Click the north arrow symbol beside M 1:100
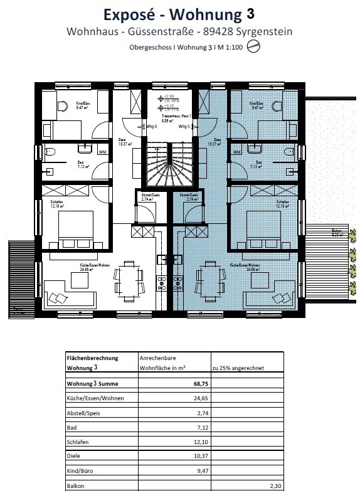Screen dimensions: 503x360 [253, 46]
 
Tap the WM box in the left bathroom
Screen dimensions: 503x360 [102, 151]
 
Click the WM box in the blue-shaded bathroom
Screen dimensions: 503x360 [236, 151]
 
